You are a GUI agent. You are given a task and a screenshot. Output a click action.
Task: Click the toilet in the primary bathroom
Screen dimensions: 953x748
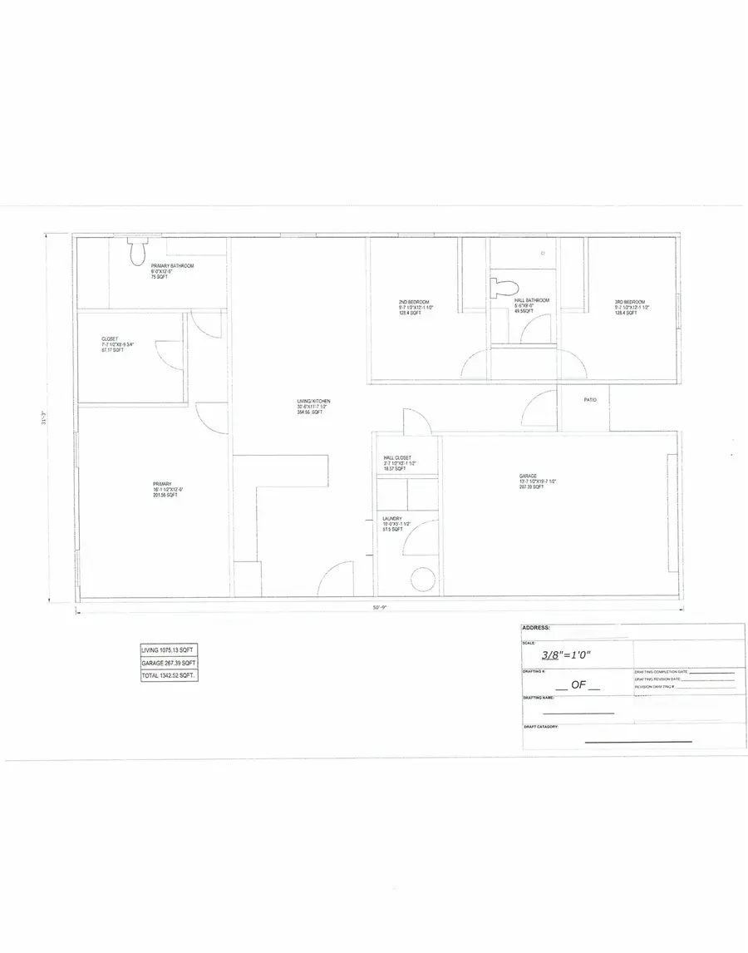click(137, 252)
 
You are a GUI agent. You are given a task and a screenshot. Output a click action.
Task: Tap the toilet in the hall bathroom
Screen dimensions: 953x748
click(502, 288)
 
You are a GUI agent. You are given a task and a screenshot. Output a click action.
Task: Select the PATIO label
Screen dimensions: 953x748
click(590, 400)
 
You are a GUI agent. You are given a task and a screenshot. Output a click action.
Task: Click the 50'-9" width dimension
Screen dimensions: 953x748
click(380, 609)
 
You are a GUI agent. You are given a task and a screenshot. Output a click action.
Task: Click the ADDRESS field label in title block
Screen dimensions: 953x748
click(536, 628)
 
